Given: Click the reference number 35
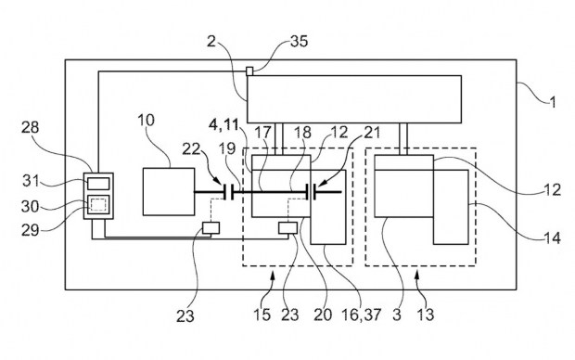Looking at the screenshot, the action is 299,41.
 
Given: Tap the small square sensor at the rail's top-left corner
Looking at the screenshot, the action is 249,71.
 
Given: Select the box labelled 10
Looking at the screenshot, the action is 169,191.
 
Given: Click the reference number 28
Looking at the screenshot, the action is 30,128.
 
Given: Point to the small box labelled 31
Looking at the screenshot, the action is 98,184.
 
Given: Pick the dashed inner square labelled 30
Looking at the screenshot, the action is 98,204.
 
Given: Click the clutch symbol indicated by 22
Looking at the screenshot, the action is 228,192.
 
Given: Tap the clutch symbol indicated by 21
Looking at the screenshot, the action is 311,192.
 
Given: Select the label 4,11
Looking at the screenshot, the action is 224,125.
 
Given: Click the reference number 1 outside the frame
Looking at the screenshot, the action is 553,102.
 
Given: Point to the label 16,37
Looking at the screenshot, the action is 361,315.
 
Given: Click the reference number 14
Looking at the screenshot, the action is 552,238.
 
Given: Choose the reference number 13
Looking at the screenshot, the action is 426,315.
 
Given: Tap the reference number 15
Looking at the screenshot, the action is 262,315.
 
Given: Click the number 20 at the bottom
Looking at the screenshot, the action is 323,315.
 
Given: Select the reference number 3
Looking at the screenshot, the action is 397,315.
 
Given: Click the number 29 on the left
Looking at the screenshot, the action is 30,230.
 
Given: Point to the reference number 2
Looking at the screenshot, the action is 211,41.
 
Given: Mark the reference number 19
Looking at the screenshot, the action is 227,148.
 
